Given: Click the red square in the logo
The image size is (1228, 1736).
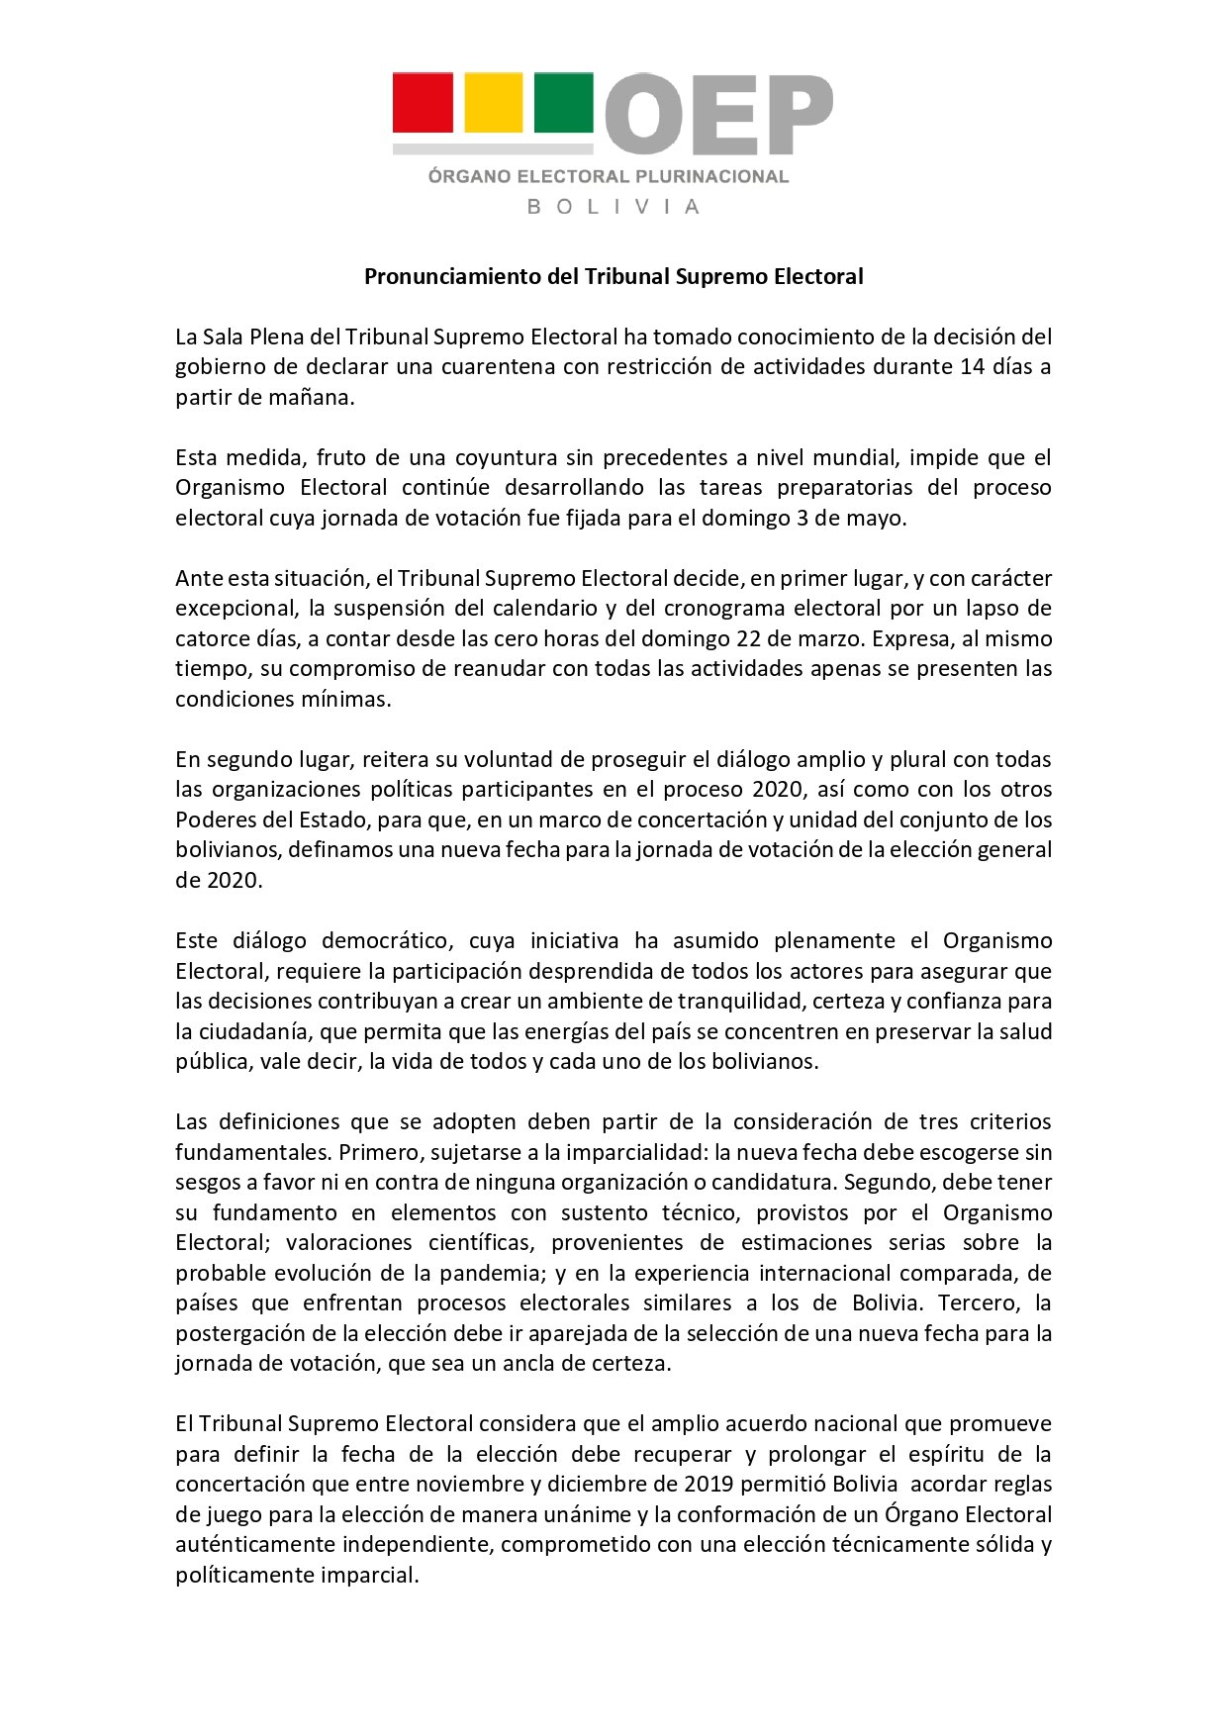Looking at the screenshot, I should [x=423, y=103].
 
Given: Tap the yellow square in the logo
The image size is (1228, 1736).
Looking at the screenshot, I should [x=493, y=103].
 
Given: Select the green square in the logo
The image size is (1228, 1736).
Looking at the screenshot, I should [x=563, y=103].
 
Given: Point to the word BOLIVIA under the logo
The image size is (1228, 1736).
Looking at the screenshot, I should [x=614, y=207].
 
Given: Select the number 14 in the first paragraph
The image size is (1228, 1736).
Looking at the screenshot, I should [x=972, y=367].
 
